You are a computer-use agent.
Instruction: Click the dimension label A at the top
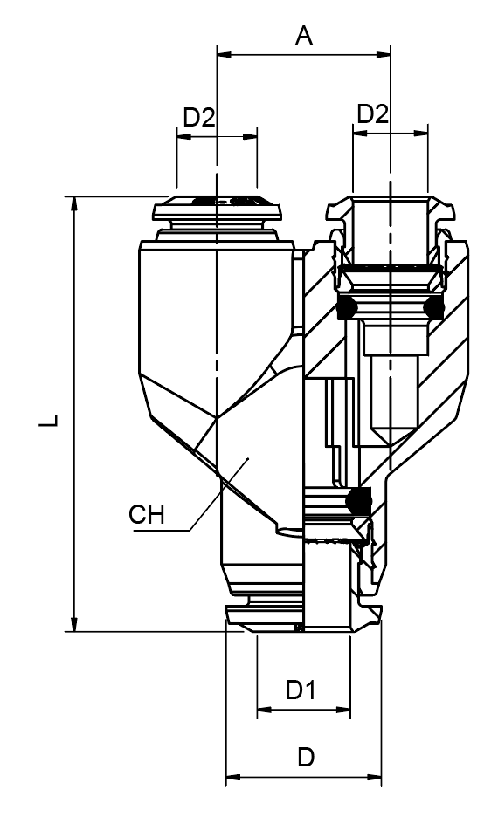coord(303,36)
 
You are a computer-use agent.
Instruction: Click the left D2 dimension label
coord(198,116)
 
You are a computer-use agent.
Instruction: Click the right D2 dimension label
coord(373,113)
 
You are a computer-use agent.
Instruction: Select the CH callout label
coord(147,515)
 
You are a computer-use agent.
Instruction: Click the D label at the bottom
coord(305,757)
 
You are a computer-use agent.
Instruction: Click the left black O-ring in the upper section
coord(347,306)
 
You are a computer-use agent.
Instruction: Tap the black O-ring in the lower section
coord(358,499)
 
